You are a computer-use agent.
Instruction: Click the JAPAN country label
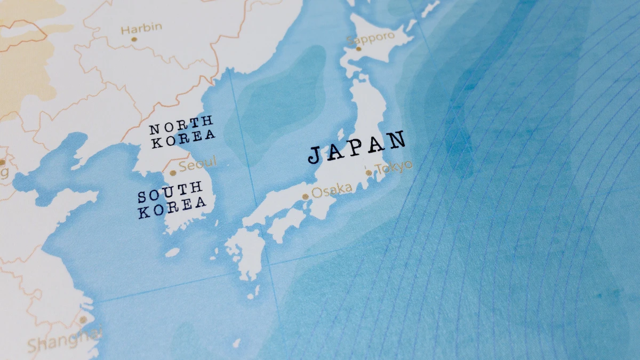tap(357, 148)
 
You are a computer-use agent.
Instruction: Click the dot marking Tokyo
tap(369, 172)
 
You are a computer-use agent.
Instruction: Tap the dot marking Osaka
tap(306, 197)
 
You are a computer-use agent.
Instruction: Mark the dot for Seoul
tap(172, 173)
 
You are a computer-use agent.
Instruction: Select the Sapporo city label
tap(371, 38)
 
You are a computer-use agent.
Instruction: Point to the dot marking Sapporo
tap(358, 49)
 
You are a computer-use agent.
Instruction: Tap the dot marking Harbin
tap(134, 39)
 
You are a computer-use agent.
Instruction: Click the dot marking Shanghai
tap(83, 320)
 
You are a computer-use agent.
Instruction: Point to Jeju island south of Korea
tap(172, 252)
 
